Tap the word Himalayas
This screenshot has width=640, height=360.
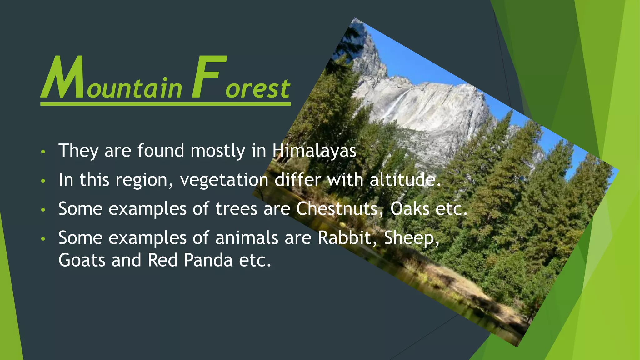click(314, 151)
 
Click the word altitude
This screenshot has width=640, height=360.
click(405, 180)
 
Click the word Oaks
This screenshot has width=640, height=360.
click(410, 209)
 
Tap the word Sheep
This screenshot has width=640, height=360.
click(411, 238)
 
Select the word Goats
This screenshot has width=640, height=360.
click(82, 260)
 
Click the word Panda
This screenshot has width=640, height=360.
click(208, 260)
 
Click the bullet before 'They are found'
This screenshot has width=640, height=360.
click(43, 152)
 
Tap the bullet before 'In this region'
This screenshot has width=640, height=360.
click(43, 181)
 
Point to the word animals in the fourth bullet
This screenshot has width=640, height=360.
click(247, 238)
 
